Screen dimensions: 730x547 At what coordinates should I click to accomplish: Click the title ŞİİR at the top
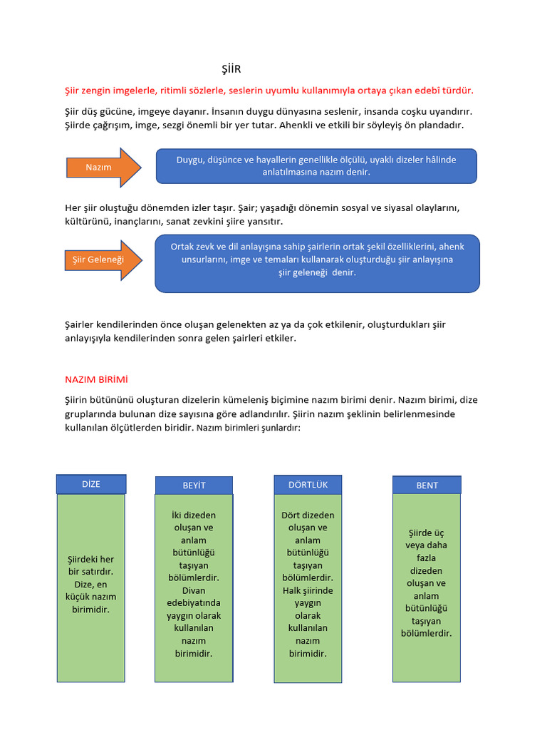tap(231, 69)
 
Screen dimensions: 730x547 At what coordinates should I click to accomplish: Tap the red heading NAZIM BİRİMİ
tap(96, 379)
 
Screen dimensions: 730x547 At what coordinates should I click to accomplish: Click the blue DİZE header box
tap(91, 484)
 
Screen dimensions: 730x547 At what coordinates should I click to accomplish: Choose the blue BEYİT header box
tap(194, 485)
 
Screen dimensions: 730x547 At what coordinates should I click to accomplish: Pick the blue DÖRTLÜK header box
tap(308, 485)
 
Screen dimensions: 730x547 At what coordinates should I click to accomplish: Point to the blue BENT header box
tap(427, 485)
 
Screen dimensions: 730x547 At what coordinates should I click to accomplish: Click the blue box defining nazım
tap(316, 166)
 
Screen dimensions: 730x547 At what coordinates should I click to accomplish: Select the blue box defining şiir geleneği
tap(317, 263)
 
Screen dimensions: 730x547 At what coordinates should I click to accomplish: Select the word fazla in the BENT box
tap(427, 558)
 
